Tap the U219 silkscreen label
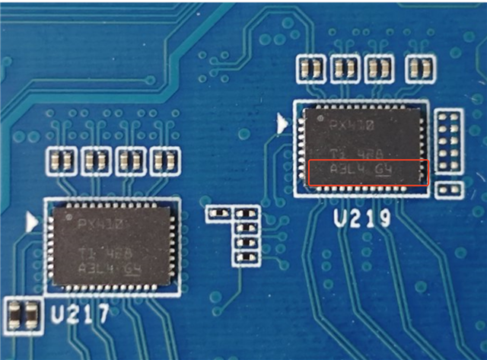362,220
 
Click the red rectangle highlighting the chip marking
369,172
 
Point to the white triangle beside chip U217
32,222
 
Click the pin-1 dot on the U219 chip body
320,120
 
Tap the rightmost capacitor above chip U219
419,68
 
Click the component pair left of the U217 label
23,314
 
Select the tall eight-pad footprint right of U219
449,140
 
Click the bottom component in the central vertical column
245,256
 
